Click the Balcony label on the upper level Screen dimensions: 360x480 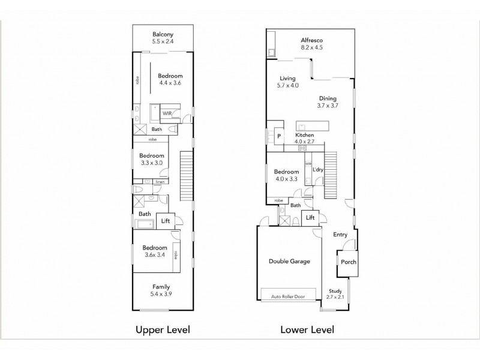163,34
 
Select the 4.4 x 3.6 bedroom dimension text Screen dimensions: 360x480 170,84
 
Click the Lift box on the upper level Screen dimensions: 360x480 166,221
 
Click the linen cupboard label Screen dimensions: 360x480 160,182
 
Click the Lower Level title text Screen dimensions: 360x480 307,330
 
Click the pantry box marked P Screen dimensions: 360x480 279,136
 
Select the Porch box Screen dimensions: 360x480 348,262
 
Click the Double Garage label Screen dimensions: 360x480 289,262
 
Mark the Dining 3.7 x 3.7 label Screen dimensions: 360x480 328,102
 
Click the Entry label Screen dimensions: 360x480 341,235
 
